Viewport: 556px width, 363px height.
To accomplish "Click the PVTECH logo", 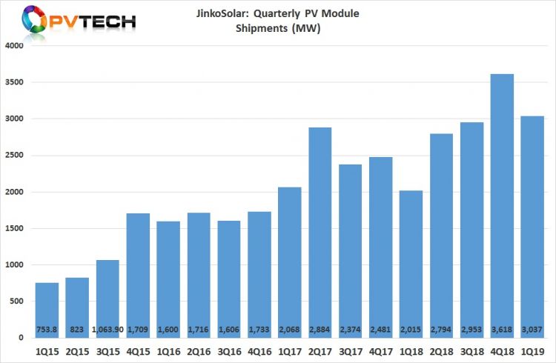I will (x=70, y=21).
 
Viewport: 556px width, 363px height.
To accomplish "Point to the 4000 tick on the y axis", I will (x=15, y=46).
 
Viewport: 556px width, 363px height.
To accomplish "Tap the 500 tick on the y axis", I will (x=18, y=302).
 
